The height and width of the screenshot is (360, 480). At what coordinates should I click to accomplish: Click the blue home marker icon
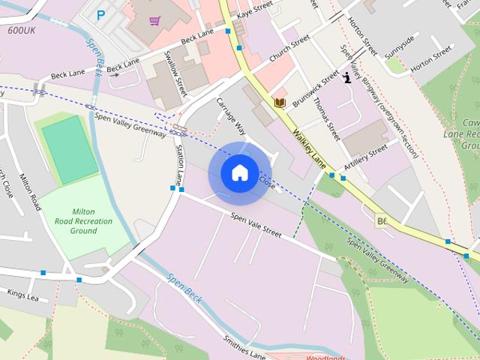[239, 172]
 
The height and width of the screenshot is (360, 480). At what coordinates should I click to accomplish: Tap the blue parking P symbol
[101, 14]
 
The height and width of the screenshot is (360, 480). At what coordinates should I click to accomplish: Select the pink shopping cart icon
[154, 20]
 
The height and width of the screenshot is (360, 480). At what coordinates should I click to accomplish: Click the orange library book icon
[280, 102]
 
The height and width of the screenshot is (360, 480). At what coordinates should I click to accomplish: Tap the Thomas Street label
[327, 119]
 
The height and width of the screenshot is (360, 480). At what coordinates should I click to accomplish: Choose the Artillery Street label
[365, 157]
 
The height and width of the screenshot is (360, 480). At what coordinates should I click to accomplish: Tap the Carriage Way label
[231, 114]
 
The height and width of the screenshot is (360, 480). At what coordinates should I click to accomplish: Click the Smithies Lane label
[244, 346]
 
